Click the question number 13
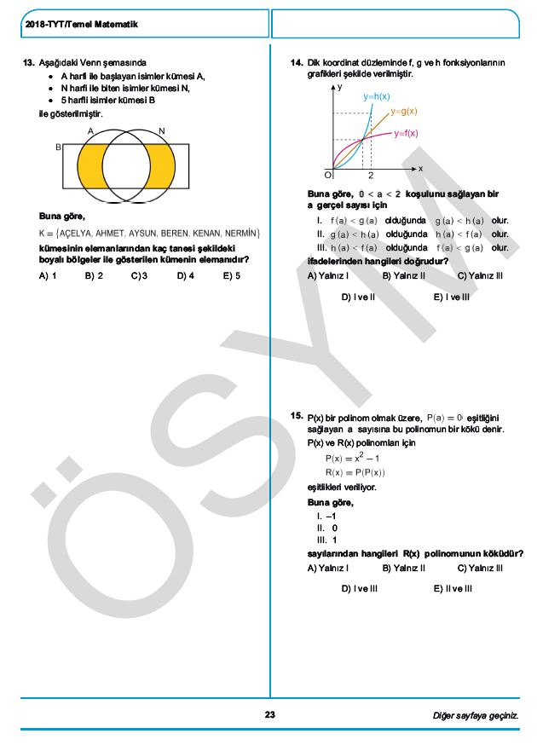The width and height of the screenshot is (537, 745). click(x=28, y=62)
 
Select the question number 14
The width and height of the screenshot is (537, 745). click(x=297, y=62)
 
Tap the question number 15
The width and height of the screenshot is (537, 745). click(x=297, y=417)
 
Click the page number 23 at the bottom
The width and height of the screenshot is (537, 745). click(x=269, y=715)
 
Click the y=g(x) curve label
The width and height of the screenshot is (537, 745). click(x=404, y=112)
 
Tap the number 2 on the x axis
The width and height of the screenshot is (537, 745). click(x=371, y=175)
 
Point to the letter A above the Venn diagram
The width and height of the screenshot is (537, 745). click(x=90, y=130)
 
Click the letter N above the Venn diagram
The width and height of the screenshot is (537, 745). click(x=162, y=130)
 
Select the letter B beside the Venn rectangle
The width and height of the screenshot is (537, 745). click(x=59, y=147)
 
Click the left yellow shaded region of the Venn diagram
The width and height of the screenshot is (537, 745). click(x=89, y=165)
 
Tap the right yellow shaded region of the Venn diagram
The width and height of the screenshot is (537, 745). click(x=161, y=165)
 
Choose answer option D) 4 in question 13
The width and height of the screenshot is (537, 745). click(x=186, y=276)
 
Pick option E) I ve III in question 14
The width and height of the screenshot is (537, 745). click(x=451, y=297)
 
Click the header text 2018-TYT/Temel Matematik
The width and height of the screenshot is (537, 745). click(x=82, y=25)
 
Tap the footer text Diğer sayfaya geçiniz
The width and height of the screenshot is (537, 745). click(x=475, y=715)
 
